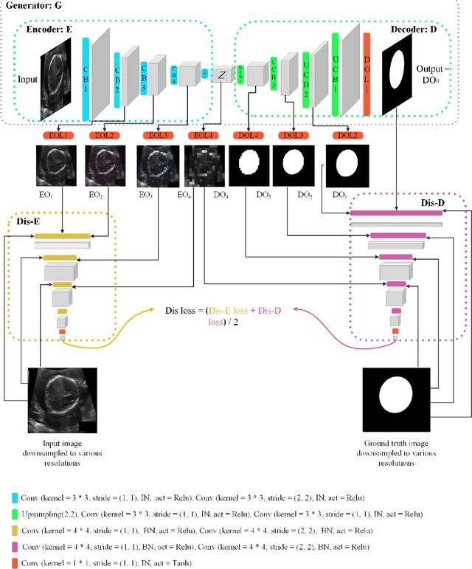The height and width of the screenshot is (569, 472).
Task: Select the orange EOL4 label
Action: click(201, 136)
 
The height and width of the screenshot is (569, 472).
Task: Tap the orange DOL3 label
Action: click(294, 136)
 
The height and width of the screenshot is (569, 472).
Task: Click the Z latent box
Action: click(221, 74)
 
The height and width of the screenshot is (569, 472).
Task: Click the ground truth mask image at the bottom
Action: click(396, 398)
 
